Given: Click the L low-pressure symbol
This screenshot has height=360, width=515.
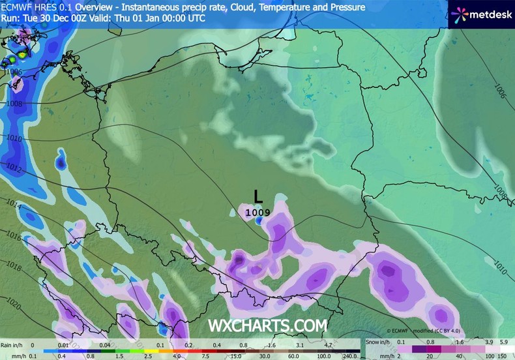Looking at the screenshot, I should click(x=259, y=196).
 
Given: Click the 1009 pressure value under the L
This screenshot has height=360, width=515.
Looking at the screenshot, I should click(x=257, y=212).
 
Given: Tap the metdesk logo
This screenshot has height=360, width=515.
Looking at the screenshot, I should click(x=482, y=14).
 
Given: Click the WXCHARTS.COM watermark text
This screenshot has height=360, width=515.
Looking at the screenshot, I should click(x=267, y=325).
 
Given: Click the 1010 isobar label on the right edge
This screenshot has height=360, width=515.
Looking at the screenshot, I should click(x=500, y=266).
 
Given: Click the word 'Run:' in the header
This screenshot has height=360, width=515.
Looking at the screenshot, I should click(x=9, y=18).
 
